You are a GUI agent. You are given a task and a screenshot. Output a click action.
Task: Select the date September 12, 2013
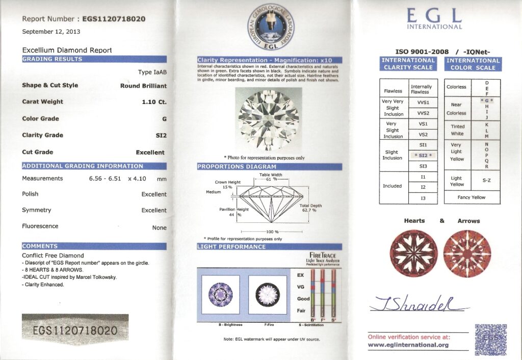[x=51, y=32]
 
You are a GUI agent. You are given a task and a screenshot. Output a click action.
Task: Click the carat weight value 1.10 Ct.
[x=154, y=102]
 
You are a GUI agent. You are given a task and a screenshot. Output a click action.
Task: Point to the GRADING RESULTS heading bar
[x=94, y=59]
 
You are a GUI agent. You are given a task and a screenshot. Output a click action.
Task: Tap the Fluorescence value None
[x=159, y=227]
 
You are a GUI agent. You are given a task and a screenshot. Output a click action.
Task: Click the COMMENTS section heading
[x=94, y=246]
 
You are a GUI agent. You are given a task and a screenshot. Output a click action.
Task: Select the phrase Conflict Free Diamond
[x=53, y=255]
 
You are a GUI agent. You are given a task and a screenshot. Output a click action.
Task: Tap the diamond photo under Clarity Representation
[x=269, y=121]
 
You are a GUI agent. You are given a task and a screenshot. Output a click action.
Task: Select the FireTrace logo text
[x=322, y=256]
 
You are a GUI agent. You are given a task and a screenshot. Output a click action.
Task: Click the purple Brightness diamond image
[x=221, y=294]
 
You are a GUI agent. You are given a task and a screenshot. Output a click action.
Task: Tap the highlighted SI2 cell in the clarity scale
[x=423, y=156]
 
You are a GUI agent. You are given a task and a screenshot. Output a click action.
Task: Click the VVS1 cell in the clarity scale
[x=423, y=102]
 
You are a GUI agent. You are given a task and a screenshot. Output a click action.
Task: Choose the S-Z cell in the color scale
[x=487, y=181]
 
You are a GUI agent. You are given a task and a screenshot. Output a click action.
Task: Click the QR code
[x=490, y=339]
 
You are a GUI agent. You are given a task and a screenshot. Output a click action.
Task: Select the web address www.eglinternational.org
[x=408, y=345]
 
